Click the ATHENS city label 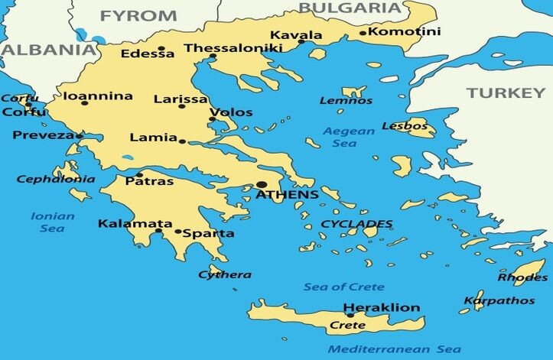click(x=287, y=195)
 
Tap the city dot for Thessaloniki click(x=213, y=57)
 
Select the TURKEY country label click(x=506, y=92)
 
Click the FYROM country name click(x=138, y=15)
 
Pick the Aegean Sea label click(x=349, y=137)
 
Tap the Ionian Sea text click(x=53, y=222)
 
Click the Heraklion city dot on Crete click(x=350, y=315)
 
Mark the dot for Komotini click(x=363, y=33)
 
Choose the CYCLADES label click(x=356, y=224)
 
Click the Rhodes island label click(x=522, y=277)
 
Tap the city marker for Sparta click(x=178, y=232)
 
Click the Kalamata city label click(x=125, y=224)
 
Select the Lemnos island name click(x=346, y=100)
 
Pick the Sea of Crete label click(x=343, y=287)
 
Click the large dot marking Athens click(x=262, y=184)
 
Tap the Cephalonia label click(x=56, y=179)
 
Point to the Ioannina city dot click(x=85, y=102)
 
